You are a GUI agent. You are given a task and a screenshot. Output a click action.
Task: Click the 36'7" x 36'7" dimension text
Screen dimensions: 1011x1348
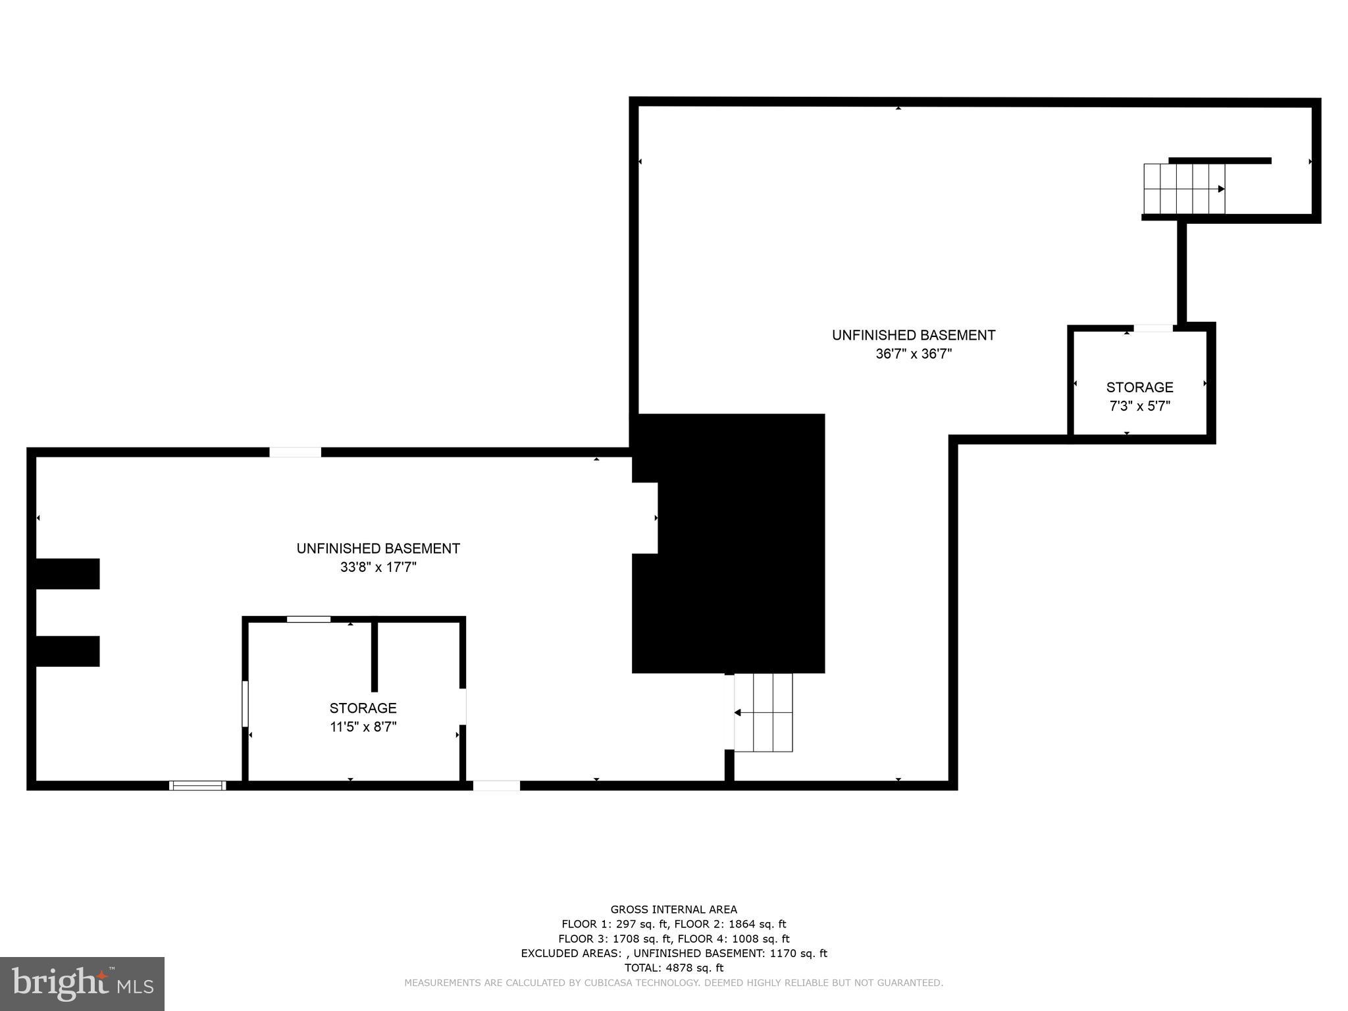(914, 354)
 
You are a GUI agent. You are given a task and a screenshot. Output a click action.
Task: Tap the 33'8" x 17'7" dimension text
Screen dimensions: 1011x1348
(378, 567)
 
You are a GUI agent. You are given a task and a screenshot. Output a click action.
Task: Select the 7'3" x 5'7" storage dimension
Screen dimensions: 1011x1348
(1139, 406)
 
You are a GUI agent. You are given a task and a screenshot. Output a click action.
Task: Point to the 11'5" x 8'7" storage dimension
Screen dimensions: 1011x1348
(363, 727)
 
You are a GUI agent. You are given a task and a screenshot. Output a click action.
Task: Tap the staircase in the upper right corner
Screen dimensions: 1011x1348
(1184, 189)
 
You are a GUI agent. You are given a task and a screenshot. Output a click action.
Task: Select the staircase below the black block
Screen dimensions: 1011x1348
(764, 713)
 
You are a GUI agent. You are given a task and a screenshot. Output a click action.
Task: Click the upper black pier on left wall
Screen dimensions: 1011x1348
(67, 574)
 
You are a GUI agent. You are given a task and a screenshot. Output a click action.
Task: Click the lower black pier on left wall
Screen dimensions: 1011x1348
(67, 651)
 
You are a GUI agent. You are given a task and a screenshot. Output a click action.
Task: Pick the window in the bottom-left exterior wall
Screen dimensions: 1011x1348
(197, 785)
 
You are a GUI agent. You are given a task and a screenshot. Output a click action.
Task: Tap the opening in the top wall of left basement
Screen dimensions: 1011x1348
(295, 452)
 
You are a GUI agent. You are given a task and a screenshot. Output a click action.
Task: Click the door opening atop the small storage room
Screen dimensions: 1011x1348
(1153, 328)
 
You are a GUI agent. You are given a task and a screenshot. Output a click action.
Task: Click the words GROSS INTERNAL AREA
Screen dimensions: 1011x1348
(673, 910)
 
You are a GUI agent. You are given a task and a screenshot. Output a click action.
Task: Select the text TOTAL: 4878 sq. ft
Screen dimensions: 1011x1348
(673, 968)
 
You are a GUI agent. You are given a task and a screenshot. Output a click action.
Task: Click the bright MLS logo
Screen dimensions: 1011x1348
(82, 983)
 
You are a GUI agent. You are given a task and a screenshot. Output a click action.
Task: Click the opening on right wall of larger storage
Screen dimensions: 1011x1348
(463, 706)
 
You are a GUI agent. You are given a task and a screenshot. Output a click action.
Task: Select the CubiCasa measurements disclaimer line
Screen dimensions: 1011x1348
(673, 983)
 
